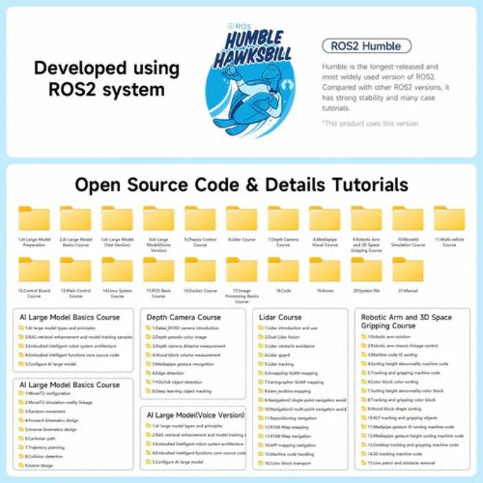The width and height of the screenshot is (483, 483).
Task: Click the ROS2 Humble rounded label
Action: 366,47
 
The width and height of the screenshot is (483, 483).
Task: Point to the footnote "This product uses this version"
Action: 370,124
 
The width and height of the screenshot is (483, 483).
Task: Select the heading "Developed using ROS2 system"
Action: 107,79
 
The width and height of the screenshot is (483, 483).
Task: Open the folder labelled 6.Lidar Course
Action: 241,219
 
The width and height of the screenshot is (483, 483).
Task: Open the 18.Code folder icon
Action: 283,270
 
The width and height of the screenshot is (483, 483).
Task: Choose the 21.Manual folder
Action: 408,270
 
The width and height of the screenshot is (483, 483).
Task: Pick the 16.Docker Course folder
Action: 200,270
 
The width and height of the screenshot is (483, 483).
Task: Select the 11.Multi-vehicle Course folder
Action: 449,219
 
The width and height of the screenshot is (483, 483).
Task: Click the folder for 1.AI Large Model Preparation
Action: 34,219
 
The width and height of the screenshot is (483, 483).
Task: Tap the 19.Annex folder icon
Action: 324,270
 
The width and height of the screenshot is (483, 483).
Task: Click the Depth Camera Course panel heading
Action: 184,317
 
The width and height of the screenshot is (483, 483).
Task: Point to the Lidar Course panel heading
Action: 279,317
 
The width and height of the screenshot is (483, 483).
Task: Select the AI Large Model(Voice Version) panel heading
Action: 195,415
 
